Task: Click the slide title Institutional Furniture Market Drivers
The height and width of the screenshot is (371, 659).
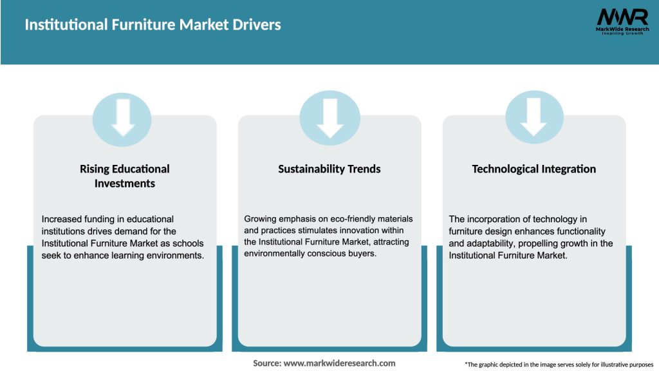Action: [x=153, y=25]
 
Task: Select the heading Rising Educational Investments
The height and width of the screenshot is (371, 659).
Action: [x=125, y=176]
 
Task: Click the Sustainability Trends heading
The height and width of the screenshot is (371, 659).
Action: [x=329, y=169]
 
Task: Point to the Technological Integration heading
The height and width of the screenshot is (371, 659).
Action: [x=534, y=169]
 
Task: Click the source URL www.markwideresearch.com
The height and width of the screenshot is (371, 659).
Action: [x=339, y=363]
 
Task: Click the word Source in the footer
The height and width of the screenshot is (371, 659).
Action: [x=266, y=363]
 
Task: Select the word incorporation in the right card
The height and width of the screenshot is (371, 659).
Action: [x=495, y=219]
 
